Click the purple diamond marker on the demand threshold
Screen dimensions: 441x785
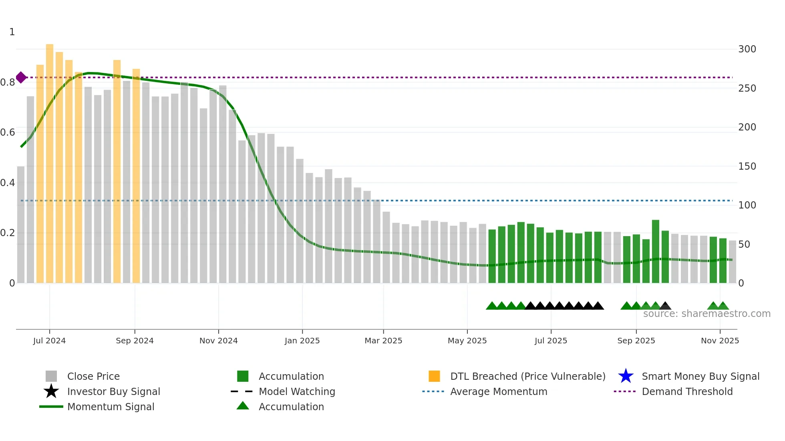21,78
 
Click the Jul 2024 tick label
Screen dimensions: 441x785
49,341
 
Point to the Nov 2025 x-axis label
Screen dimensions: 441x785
720,341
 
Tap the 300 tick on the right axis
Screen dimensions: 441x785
747,49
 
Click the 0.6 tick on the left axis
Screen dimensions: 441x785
8,132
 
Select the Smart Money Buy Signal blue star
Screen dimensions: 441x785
626,376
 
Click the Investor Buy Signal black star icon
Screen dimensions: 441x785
51,391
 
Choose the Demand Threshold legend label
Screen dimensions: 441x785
687,391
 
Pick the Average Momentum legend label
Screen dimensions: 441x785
499,391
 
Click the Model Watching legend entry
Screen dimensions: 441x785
297,391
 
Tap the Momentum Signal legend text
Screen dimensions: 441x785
111,407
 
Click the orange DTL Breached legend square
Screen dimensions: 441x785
434,376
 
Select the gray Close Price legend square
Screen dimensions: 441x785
51,376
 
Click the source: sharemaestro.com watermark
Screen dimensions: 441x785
707,314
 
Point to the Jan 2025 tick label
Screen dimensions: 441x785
302,341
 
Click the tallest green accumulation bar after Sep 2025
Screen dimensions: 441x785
656,251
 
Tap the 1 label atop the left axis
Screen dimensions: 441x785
12,32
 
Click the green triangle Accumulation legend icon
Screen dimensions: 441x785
243,406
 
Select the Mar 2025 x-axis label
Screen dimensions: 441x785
383,341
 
